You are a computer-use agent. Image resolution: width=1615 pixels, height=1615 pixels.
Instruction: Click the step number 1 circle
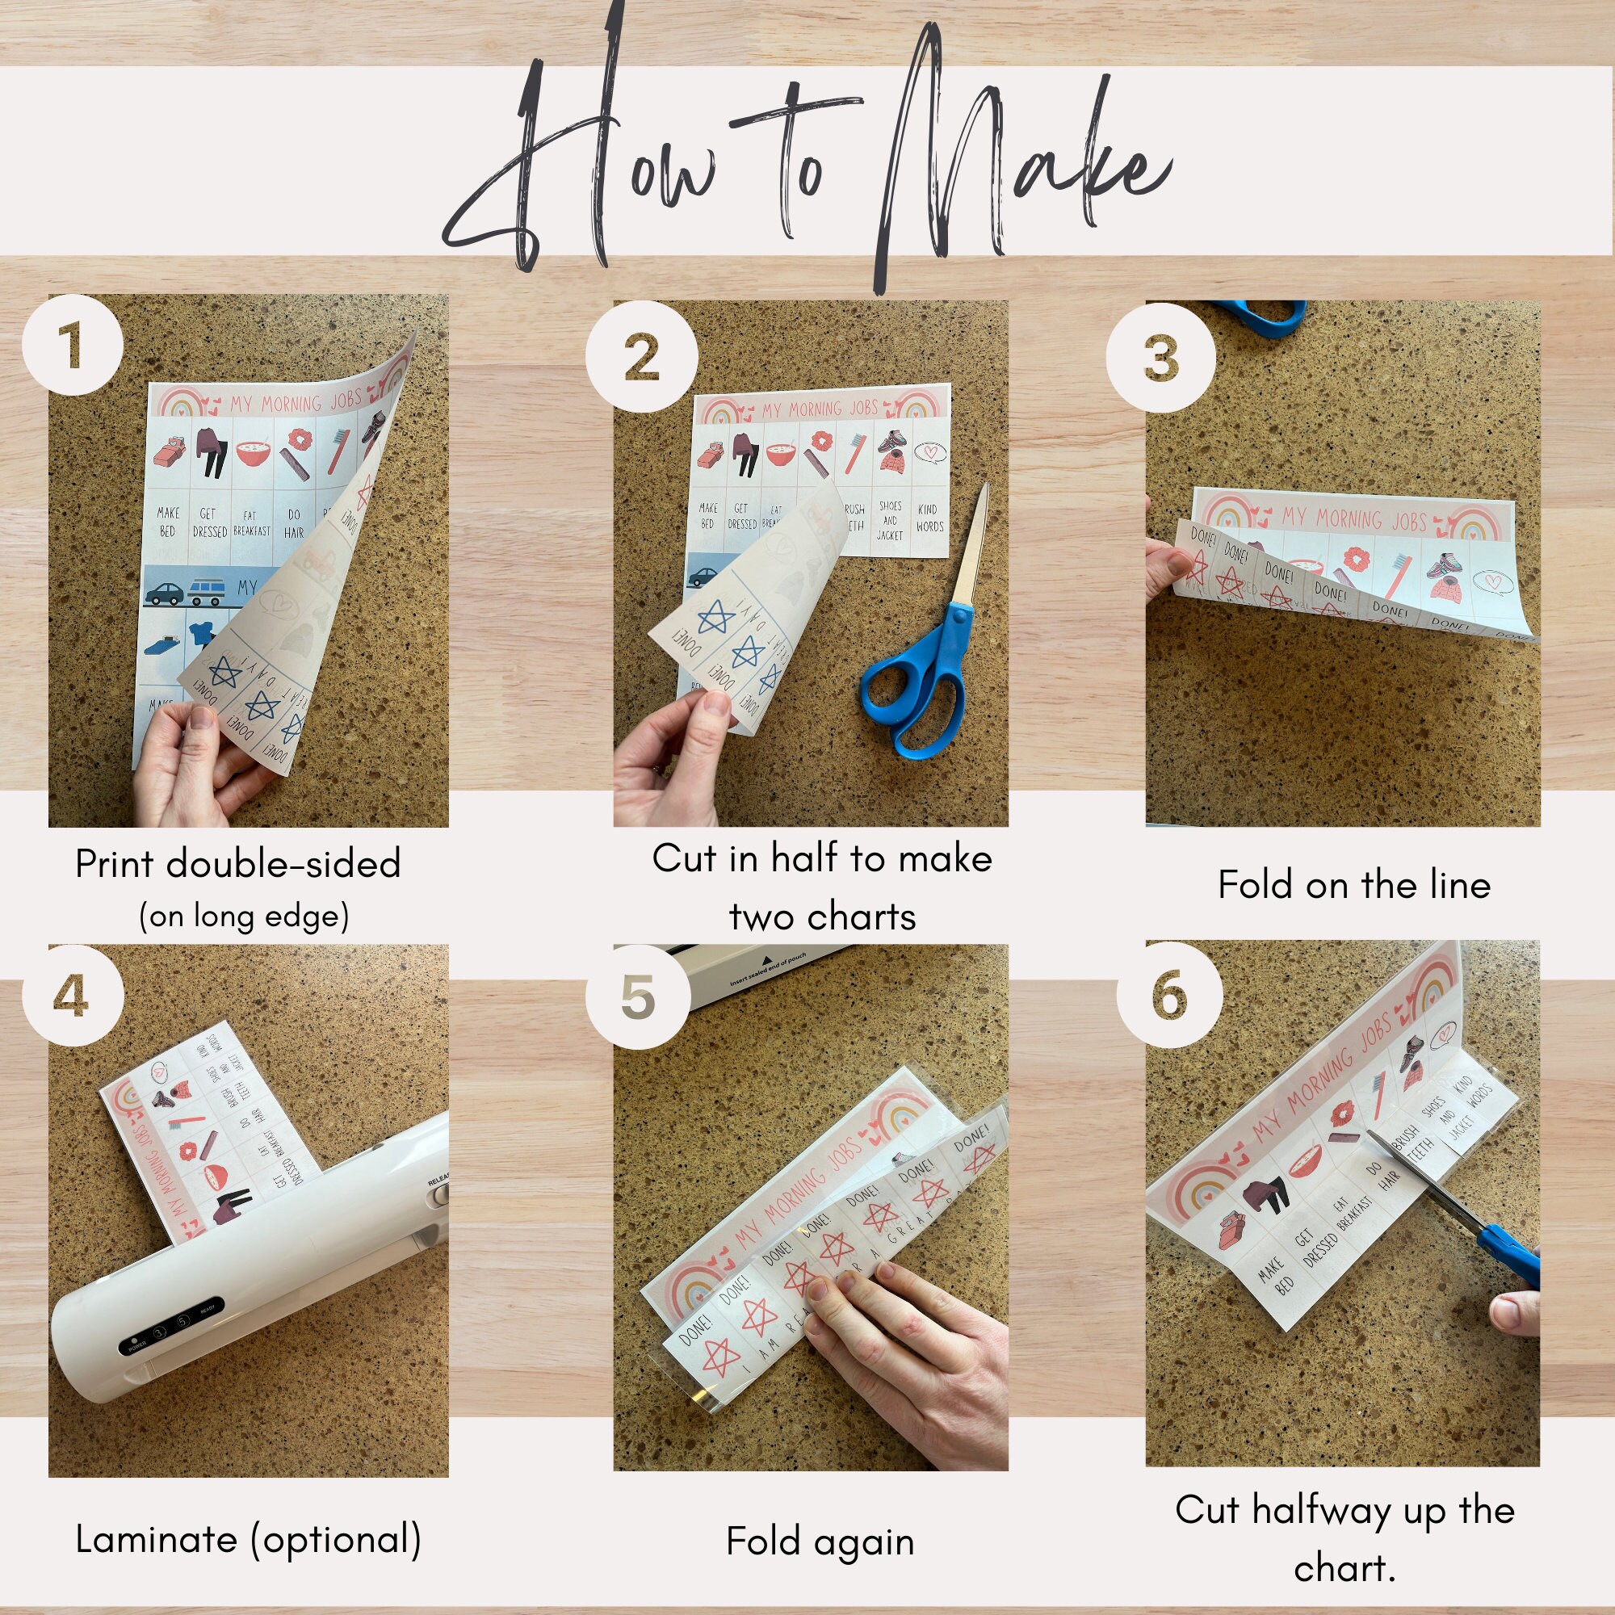tap(73, 345)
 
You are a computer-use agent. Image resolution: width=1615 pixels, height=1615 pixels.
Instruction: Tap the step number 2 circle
tap(641, 357)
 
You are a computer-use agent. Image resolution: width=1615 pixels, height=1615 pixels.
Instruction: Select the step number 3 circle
tap(1160, 358)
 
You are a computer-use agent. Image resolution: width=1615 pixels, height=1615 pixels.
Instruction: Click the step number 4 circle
tap(73, 996)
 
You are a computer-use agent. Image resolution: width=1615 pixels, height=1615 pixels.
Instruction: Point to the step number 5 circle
tap(639, 997)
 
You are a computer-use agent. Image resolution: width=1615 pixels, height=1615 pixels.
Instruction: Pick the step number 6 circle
tap(1169, 995)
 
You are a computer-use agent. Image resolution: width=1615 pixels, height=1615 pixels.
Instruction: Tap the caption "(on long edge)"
tap(243, 917)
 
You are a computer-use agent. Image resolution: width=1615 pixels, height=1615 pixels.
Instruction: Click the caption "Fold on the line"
tap(1354, 885)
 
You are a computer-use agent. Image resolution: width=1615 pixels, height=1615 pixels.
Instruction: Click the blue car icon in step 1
tap(164, 594)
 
